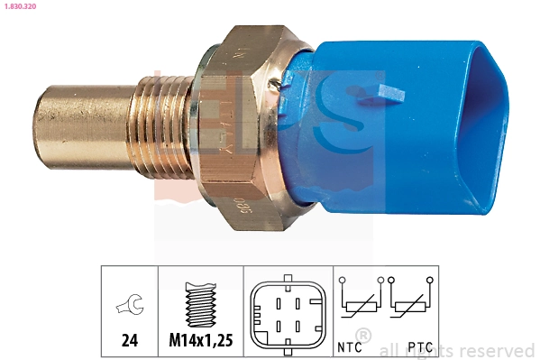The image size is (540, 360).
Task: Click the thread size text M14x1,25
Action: click(200, 342)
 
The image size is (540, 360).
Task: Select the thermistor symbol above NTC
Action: click(358, 302)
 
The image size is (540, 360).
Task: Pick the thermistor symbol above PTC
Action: click(410, 302)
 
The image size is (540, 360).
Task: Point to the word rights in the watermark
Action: click(436, 350)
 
